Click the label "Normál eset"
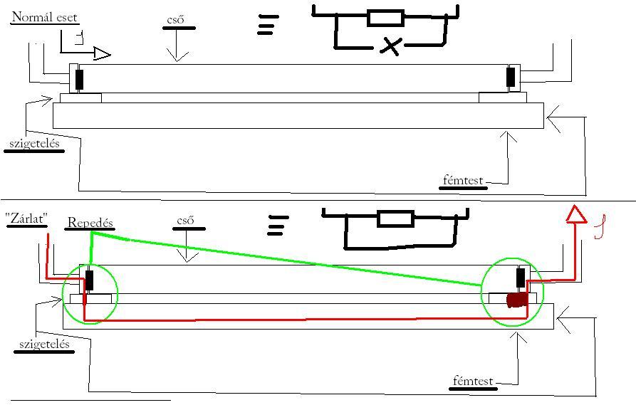click(x=44, y=17)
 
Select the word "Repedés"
click(x=90, y=222)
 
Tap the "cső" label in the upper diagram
click(x=174, y=20)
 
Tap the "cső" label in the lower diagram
click(x=186, y=221)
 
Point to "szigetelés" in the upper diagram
click(x=34, y=143)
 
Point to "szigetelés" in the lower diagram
click(x=45, y=344)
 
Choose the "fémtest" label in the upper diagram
click(x=462, y=181)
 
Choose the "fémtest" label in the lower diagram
click(x=474, y=382)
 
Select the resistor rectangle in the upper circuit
click(x=385, y=18)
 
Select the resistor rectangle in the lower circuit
click(x=395, y=218)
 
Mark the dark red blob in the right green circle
click(x=516, y=300)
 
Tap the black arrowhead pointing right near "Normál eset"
click(x=103, y=54)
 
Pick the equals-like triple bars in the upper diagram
click(x=266, y=26)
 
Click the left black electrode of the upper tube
click(x=79, y=79)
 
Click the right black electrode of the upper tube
click(x=511, y=77)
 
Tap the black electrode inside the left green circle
click(x=89, y=280)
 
